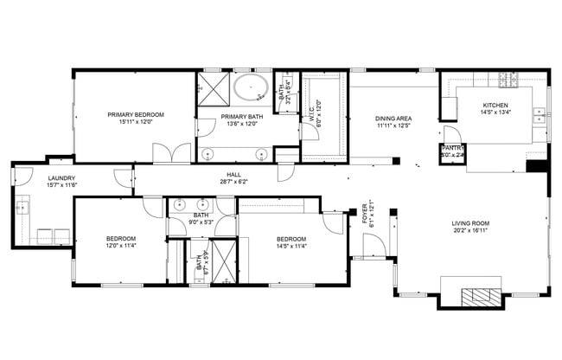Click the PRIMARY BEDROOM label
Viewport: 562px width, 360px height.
136,114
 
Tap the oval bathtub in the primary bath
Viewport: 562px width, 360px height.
252,87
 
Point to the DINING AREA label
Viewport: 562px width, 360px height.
393,119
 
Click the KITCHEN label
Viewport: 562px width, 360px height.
495,106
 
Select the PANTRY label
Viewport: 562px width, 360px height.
453,148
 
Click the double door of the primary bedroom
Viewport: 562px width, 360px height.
171,153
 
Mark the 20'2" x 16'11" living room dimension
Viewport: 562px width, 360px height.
470,232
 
